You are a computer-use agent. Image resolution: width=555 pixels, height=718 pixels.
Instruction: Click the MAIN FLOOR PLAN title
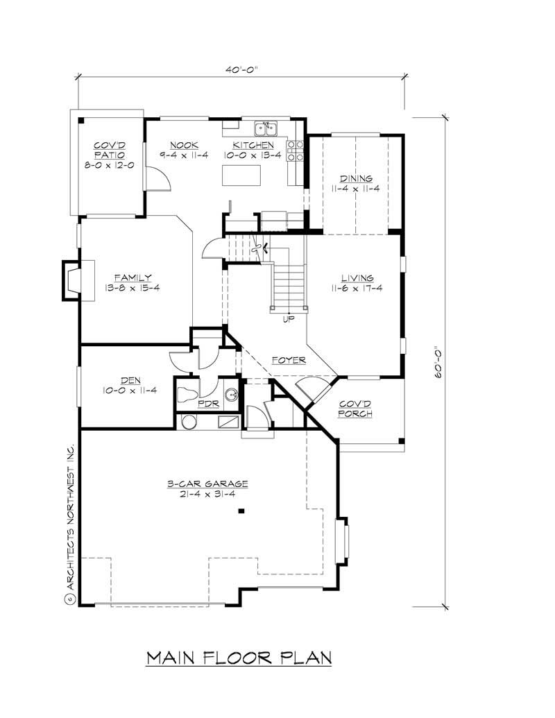point(239,658)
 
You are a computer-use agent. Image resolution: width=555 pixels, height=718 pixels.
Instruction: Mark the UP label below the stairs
point(288,320)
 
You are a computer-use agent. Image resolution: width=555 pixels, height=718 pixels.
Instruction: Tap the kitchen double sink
point(265,128)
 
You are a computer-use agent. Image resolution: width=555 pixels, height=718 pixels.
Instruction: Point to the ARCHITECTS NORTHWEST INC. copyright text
point(69,517)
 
